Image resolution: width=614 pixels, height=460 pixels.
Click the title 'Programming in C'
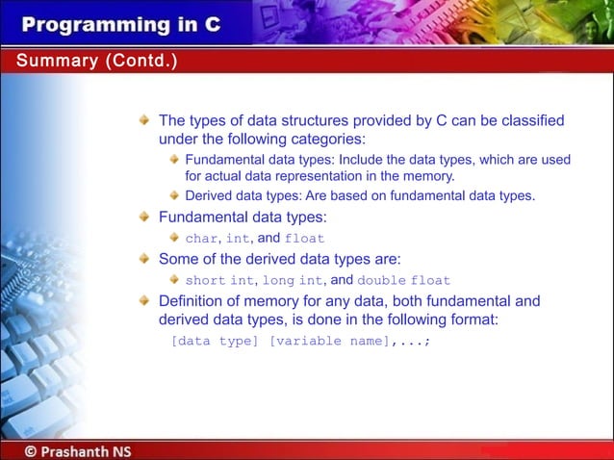pyautogui.click(x=121, y=23)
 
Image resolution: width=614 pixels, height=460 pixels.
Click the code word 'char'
pyautogui.click(x=202, y=239)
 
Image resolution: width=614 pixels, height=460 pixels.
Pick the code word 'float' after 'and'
pyautogui.click(x=305, y=239)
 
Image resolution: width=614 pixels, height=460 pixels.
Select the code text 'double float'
pyautogui.click(x=403, y=281)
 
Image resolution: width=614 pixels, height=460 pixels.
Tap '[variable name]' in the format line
pyautogui.click(x=328, y=341)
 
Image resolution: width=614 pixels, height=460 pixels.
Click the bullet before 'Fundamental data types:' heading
pyautogui.click(x=143, y=217)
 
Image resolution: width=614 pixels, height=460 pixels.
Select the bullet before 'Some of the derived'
pyautogui.click(x=143, y=259)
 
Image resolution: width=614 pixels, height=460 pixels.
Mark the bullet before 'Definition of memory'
pyautogui.click(x=143, y=301)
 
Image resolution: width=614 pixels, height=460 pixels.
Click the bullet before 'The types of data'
pyautogui.click(x=143, y=121)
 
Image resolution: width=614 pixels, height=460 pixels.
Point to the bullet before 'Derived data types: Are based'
pyautogui.click(x=174, y=196)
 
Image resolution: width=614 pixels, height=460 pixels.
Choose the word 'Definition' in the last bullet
pyautogui.click(x=194, y=301)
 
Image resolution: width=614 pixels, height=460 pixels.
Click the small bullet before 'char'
pyautogui.click(x=174, y=239)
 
